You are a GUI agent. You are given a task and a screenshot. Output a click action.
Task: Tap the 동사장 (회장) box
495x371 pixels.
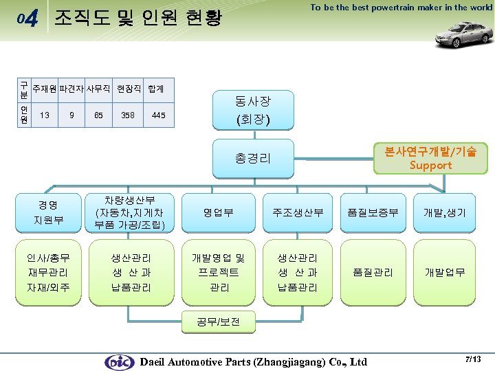tap(252, 111)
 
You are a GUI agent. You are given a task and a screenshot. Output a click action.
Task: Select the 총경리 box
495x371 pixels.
tap(252, 158)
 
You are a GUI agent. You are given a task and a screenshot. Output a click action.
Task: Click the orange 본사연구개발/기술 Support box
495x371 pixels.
tap(430, 157)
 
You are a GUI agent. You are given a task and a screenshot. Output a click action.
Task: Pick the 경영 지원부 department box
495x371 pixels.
tap(48, 212)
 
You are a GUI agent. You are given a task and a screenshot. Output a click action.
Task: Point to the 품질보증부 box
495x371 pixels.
tap(373, 212)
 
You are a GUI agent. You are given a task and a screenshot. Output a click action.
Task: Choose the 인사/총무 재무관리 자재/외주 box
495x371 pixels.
tap(48, 272)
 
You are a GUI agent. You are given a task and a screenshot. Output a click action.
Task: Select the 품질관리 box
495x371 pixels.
tap(373, 272)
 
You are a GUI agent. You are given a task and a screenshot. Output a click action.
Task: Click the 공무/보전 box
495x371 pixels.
tap(219, 322)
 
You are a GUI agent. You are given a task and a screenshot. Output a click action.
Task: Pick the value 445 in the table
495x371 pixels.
tap(158, 115)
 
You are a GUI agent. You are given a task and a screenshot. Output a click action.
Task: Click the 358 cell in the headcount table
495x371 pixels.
tap(127, 115)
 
